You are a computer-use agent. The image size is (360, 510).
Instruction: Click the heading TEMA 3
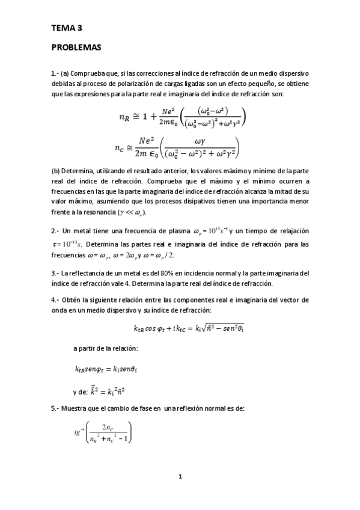[67, 28]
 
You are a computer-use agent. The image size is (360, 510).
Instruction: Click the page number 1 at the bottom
[180, 477]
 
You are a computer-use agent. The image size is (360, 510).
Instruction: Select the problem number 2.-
[55, 232]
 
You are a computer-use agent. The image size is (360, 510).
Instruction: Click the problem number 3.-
[55, 273]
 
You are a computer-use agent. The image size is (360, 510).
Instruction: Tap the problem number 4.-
[55, 300]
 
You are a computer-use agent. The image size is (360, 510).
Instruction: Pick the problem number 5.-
[55, 408]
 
